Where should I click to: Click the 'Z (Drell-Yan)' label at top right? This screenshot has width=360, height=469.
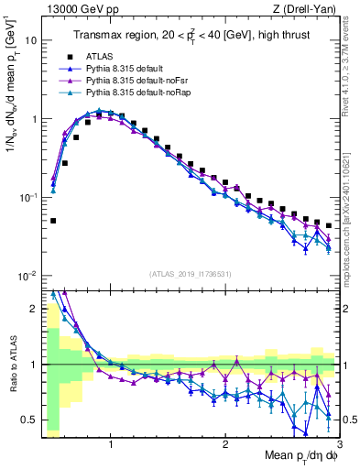(x=308, y=10)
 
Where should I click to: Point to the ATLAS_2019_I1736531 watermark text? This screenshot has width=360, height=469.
(x=190, y=274)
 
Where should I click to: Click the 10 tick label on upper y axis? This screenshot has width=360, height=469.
(x=32, y=40)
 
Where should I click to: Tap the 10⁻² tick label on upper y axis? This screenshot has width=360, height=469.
(x=29, y=276)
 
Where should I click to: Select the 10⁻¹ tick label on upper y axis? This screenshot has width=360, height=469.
(x=29, y=197)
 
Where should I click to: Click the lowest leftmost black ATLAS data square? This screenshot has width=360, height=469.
(x=53, y=221)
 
